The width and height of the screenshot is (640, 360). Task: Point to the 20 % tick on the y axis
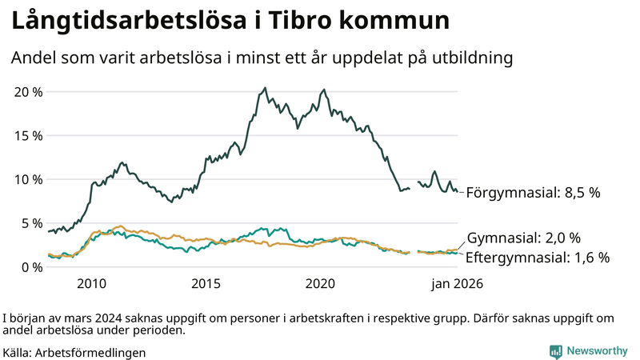[29, 91]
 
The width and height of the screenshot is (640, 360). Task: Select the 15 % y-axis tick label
[29, 135]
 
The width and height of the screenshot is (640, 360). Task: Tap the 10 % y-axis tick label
[29, 179]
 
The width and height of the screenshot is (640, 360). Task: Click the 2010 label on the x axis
[91, 284]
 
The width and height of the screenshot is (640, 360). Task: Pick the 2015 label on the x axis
[206, 284]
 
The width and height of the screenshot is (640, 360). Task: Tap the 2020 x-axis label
[321, 284]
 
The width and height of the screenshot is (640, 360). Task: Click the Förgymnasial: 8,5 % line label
[533, 193]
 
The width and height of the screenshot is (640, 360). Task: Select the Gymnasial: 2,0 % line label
[523, 238]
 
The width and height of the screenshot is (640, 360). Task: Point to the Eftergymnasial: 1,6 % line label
[538, 258]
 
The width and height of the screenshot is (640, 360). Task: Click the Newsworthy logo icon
[555, 351]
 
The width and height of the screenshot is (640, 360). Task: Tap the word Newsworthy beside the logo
[597, 351]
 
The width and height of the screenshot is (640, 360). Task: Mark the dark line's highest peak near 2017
[265, 89]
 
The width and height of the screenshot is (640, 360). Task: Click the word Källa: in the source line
[18, 352]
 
